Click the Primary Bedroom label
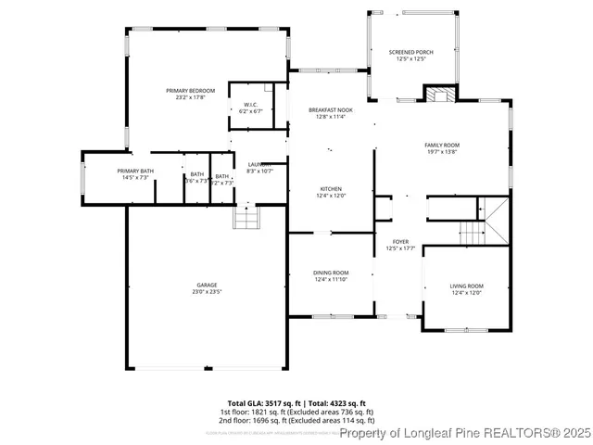pos(191,91)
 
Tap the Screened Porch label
pos(410,52)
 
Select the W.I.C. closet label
pos(250,104)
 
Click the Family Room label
pos(442,145)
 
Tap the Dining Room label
pos(331,272)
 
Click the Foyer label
pos(397,243)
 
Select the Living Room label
pos(467,286)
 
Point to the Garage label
pos(207,285)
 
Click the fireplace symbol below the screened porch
pos(438,94)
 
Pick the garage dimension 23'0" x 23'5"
pos(207,292)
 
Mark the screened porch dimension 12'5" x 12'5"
pos(410,59)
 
